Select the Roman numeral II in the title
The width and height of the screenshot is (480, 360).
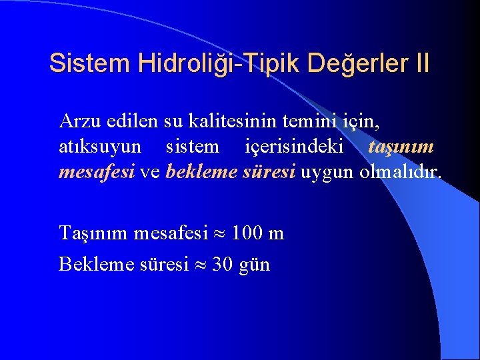pos(422,63)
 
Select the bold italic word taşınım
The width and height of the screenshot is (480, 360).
pos(401,147)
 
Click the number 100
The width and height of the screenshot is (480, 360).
pos(247,233)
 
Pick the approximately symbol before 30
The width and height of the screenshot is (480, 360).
pos(200,265)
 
